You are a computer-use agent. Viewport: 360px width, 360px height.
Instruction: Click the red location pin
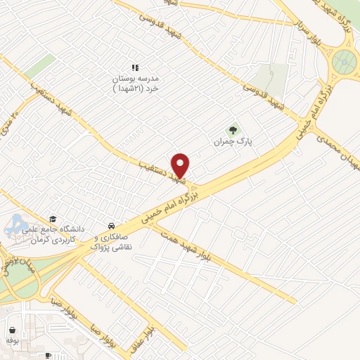click(181, 165)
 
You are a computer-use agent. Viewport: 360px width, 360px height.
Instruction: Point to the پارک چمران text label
click(233, 142)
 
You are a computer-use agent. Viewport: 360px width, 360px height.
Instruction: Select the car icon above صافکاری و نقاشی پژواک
click(111, 226)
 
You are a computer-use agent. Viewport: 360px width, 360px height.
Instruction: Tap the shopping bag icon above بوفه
click(12, 328)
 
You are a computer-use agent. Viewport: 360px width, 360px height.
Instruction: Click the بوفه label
click(11, 340)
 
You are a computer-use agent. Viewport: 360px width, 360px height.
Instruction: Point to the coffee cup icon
click(48, 356)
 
